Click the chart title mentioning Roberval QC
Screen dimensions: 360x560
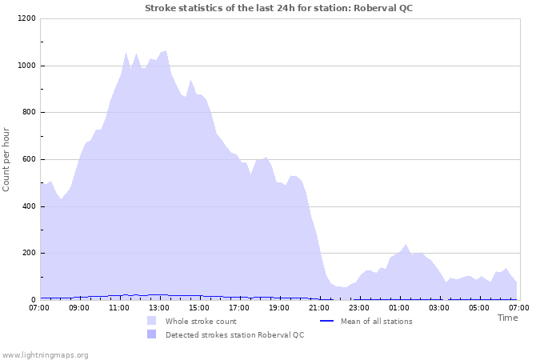pos(279,8)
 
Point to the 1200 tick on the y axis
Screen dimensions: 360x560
pos(26,19)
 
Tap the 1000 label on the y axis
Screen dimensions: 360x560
pos(26,66)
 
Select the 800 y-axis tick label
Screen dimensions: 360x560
pos(28,113)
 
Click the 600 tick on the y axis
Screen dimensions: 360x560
pos(28,160)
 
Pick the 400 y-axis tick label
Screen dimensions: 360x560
pos(28,206)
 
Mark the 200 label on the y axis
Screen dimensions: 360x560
pos(28,254)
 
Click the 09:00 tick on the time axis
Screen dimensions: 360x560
pos(79,306)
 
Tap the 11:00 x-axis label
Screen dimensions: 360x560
pos(119,306)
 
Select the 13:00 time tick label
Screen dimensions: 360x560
pos(159,306)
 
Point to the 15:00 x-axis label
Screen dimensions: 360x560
pos(199,306)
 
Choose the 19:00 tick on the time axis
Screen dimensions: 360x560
pos(279,306)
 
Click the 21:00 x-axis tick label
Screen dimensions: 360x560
pos(319,306)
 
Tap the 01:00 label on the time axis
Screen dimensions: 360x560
pos(399,306)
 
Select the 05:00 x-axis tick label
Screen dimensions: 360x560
pos(479,306)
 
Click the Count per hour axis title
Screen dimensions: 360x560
pos(7,158)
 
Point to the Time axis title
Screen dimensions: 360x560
pos(507,318)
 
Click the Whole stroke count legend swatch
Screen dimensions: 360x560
pos(152,321)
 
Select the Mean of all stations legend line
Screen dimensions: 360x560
pos(326,321)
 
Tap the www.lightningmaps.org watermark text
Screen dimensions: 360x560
pos(45,354)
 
